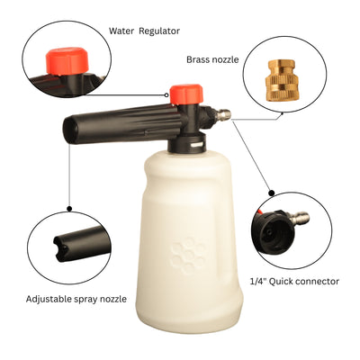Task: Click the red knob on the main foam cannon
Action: (184, 94)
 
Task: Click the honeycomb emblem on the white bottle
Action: (188, 255)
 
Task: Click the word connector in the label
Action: (318, 282)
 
